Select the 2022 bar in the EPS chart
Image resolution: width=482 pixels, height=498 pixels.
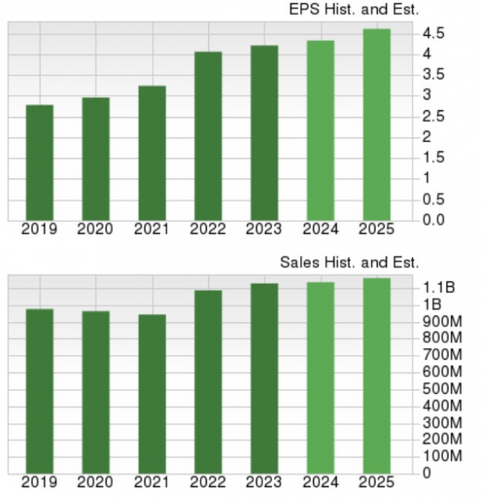208,135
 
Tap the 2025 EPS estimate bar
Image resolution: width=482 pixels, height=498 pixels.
376,124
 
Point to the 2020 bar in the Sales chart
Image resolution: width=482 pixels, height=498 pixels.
96,392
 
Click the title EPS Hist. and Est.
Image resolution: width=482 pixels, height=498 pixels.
352,10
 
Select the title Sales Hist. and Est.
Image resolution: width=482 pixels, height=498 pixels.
350,263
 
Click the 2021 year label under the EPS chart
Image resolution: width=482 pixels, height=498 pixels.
152,229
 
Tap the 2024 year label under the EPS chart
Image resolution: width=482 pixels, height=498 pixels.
320,229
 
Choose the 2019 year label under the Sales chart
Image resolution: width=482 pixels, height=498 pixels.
40,482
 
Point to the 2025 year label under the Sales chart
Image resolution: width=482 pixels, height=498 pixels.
376,482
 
